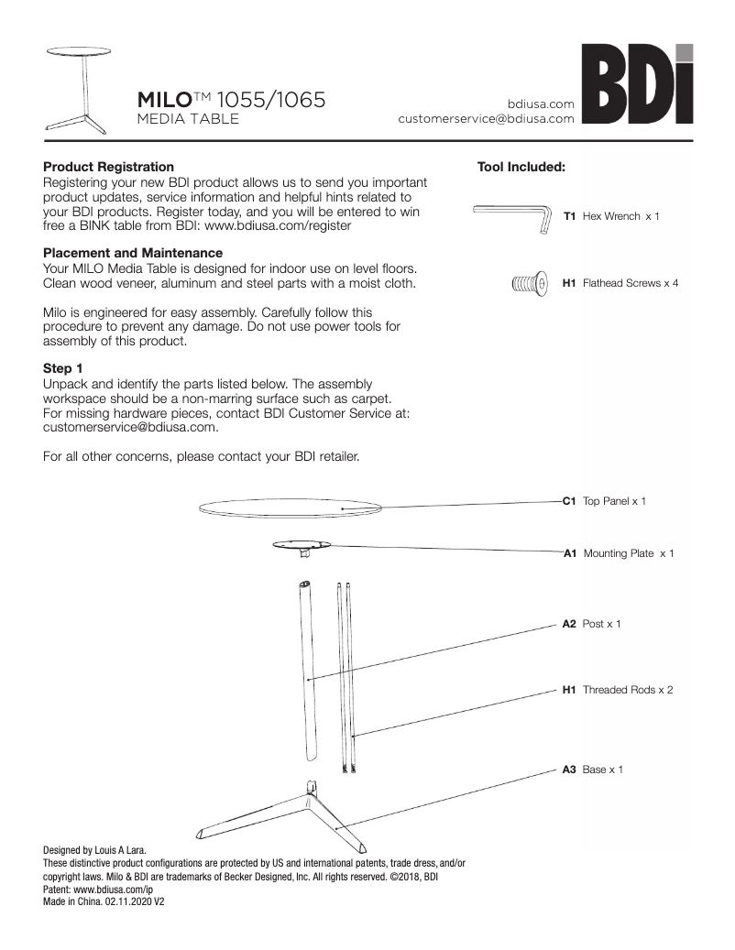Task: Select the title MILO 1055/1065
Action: coord(231,99)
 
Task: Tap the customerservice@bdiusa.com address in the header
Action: coord(486,118)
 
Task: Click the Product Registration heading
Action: coord(108,167)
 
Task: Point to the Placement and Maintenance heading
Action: coord(133,252)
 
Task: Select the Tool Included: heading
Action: coord(521,167)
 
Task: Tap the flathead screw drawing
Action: coord(529,283)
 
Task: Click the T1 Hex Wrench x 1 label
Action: coord(610,216)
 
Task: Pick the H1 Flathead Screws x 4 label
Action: coord(620,284)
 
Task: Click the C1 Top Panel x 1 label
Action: coord(604,501)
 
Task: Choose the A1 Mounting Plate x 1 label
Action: coord(618,553)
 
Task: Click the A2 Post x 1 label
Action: coord(591,624)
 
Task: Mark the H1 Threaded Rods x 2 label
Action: coord(617,689)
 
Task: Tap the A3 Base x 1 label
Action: coord(592,770)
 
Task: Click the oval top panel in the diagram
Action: coord(291,508)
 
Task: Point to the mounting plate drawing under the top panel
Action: coord(302,547)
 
